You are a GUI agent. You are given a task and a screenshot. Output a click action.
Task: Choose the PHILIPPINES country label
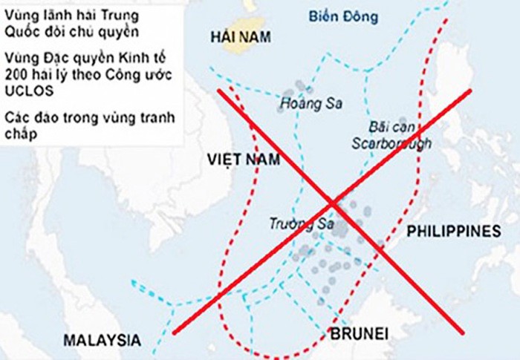[x=454, y=232]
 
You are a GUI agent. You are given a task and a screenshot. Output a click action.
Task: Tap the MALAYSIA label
[x=102, y=340]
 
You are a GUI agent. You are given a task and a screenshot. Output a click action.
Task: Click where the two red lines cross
[x=332, y=203]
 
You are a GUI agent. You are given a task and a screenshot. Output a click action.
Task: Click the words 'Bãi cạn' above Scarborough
[x=389, y=127]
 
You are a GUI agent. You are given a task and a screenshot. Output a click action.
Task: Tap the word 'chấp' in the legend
[x=18, y=134]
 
